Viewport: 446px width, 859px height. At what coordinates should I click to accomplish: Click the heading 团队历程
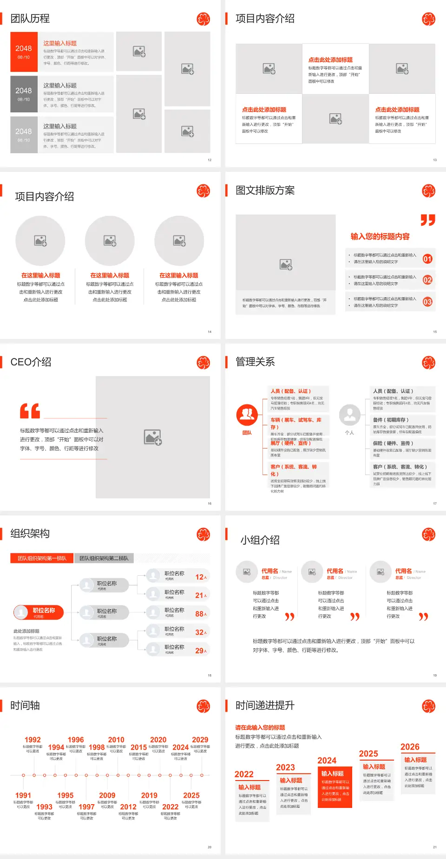point(30,19)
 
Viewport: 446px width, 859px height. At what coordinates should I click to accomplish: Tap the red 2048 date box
point(24,52)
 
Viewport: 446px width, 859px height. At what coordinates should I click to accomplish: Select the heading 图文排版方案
point(265,190)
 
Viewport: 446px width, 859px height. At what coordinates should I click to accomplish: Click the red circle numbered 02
point(427,280)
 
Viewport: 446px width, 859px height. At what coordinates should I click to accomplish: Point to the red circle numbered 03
point(427,302)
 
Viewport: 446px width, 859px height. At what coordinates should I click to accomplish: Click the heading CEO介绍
point(31,362)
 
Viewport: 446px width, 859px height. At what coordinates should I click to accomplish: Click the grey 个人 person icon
point(349,415)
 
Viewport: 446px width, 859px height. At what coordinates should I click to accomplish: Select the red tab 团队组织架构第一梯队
point(42,558)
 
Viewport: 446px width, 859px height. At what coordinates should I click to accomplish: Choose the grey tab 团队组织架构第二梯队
point(104,558)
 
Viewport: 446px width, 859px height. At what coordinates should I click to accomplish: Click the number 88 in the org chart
point(199,614)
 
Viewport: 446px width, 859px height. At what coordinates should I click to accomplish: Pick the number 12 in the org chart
point(199,577)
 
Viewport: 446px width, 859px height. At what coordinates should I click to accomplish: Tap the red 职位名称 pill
point(38,612)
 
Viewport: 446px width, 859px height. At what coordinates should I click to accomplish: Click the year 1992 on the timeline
point(33,740)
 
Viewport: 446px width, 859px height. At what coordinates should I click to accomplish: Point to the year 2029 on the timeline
point(200,740)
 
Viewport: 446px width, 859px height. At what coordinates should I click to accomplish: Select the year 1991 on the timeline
point(23,795)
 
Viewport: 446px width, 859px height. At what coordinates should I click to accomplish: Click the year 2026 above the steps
point(410,747)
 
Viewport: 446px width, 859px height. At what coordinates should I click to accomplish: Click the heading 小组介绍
point(260,540)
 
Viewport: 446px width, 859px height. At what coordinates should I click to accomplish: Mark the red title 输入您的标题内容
point(380,236)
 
